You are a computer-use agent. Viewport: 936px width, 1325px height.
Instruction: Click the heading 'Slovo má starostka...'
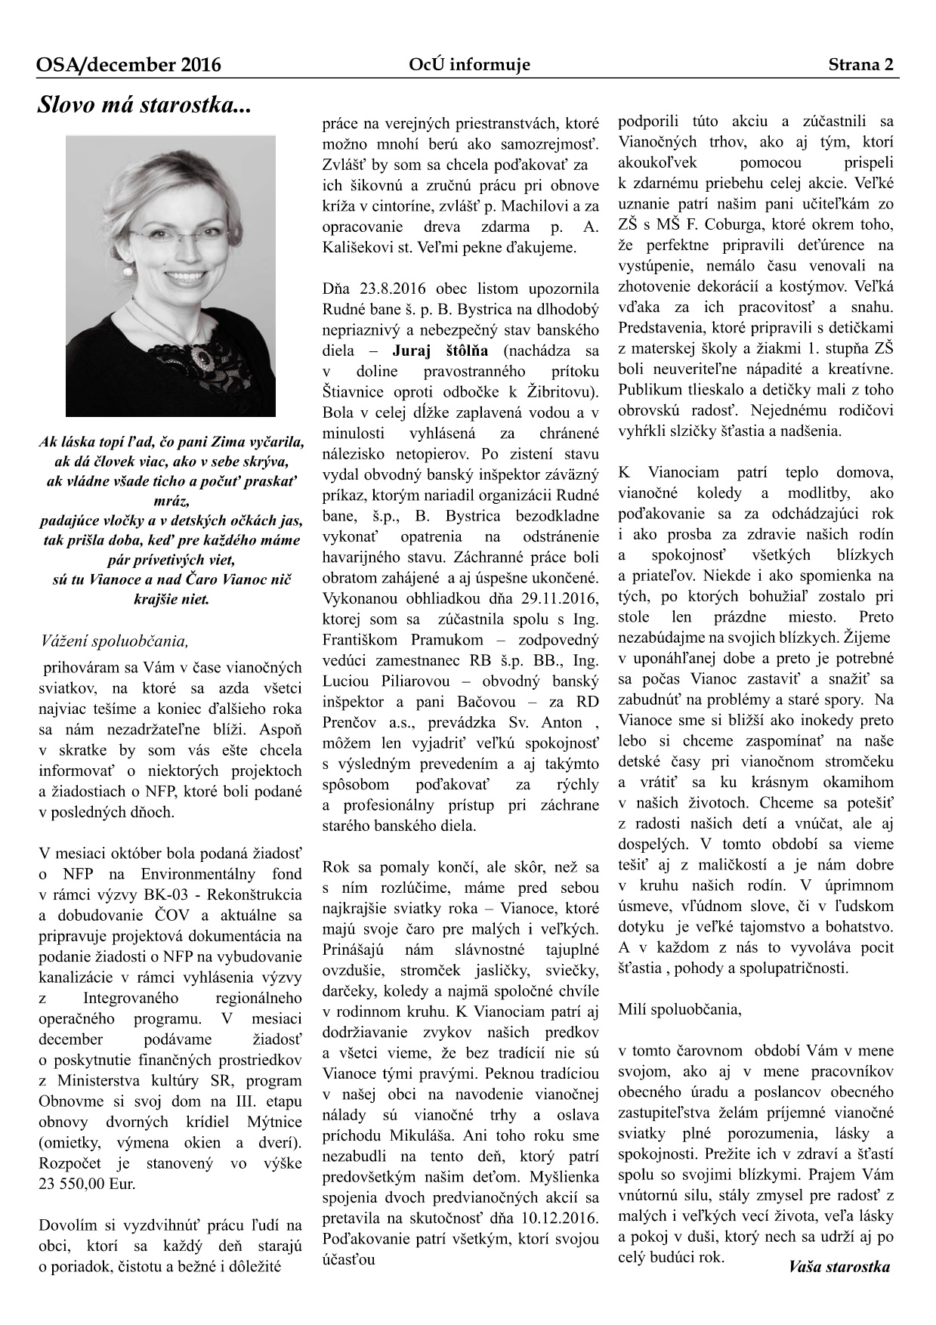[144, 106]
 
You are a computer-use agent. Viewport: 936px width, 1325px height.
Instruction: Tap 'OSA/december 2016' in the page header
[128, 65]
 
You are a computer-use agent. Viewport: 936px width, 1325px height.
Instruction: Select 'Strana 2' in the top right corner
[862, 65]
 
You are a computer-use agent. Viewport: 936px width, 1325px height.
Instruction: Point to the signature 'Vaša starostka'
[839, 1267]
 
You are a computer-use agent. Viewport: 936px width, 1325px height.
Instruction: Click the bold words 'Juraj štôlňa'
[440, 351]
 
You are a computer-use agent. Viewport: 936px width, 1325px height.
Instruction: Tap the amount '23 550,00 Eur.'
[87, 1184]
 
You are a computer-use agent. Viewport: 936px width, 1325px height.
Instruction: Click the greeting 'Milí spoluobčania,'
[680, 1008]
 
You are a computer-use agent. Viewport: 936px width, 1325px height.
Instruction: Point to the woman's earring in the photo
[128, 269]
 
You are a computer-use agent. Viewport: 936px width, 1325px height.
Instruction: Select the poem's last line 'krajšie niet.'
[171, 600]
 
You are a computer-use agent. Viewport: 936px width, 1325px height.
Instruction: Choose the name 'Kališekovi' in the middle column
[359, 247]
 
